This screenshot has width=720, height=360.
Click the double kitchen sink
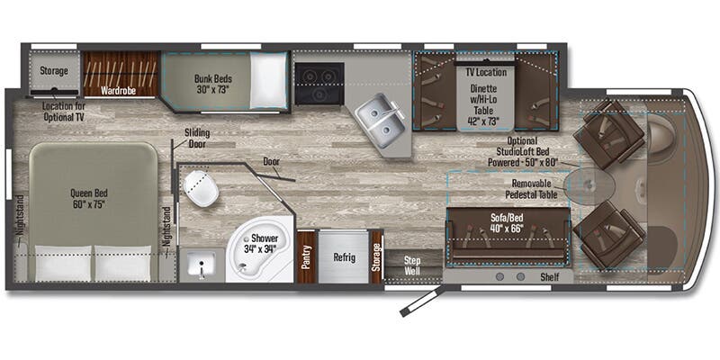pos(380,119)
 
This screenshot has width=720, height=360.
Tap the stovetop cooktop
pos(319,83)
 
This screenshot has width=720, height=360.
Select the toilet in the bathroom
pos(201,187)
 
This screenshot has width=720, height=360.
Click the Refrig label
pos(344,256)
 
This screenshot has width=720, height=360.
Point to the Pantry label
pos(306,256)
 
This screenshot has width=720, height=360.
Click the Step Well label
pos(412,265)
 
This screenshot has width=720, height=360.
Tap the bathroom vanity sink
pos(202,265)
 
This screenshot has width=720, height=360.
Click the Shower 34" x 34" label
pos(261,244)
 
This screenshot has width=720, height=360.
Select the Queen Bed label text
pos(89,198)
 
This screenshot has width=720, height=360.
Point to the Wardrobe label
pos(119,91)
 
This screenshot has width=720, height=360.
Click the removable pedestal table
pos(589,184)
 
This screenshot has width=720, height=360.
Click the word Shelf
pos(550,277)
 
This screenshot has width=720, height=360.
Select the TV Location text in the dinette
pos(485,72)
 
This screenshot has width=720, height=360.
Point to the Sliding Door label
pos(197,138)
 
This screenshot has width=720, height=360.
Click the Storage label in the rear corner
pos(54,71)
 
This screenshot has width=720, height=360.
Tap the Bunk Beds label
pos(213,84)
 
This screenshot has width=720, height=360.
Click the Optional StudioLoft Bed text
pos(522,151)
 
